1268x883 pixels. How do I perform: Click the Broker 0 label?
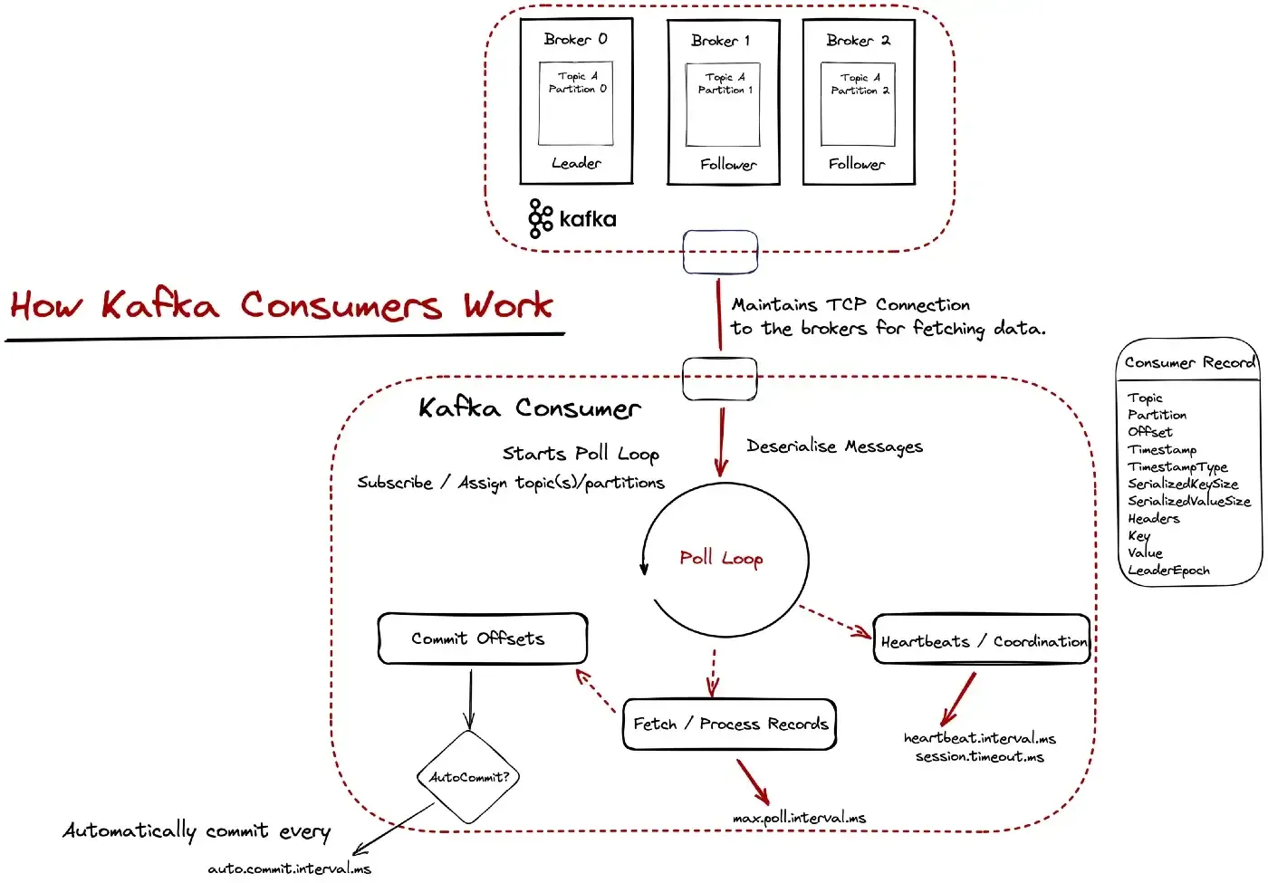(575, 39)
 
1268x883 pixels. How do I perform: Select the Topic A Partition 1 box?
(723, 104)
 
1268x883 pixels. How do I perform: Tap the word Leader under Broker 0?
(576, 163)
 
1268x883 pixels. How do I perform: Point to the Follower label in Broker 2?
(856, 164)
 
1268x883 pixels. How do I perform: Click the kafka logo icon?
(541, 218)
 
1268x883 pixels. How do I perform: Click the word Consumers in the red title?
(341, 305)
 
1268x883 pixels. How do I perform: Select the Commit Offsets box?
(482, 638)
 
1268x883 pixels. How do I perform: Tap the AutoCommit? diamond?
(469, 777)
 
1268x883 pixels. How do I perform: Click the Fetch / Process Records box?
(730, 724)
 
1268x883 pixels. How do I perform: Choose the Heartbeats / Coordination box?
(982, 641)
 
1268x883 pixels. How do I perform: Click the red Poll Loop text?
(721, 558)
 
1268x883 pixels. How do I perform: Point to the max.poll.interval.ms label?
(799, 818)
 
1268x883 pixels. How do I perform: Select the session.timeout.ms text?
(979, 756)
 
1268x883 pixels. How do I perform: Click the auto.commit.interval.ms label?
(289, 869)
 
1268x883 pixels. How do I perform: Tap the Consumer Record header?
(1188, 362)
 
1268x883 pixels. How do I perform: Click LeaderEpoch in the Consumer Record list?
(1168, 571)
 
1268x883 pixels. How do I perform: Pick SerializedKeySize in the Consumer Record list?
(1182, 484)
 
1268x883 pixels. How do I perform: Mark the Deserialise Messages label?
(834, 446)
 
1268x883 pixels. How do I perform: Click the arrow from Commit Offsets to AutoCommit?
(470, 697)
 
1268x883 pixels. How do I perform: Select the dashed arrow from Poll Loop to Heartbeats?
(835, 621)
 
